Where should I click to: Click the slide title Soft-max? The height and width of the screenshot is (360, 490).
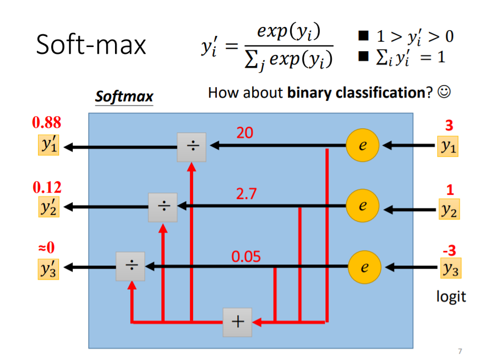coord(91,45)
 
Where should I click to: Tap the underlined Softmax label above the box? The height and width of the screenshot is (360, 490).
coord(124,97)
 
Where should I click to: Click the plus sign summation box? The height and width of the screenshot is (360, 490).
coord(237,321)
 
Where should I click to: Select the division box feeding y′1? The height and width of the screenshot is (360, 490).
coord(191,147)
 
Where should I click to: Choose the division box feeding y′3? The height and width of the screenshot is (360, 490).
coord(131,267)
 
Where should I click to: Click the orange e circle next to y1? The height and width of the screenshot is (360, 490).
coord(362,146)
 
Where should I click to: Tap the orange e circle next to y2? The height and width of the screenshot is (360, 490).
coord(362,206)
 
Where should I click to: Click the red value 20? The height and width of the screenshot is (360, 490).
coord(245,133)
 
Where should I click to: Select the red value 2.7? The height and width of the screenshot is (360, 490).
coord(246,194)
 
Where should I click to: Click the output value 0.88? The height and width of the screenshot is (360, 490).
coord(46,123)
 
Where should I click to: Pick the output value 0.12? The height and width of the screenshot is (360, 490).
coord(46,187)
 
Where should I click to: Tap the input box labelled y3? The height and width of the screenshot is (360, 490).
coord(449,269)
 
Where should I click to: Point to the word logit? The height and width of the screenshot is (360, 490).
coord(451,296)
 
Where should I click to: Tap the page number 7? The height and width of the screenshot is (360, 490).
coord(460,350)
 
